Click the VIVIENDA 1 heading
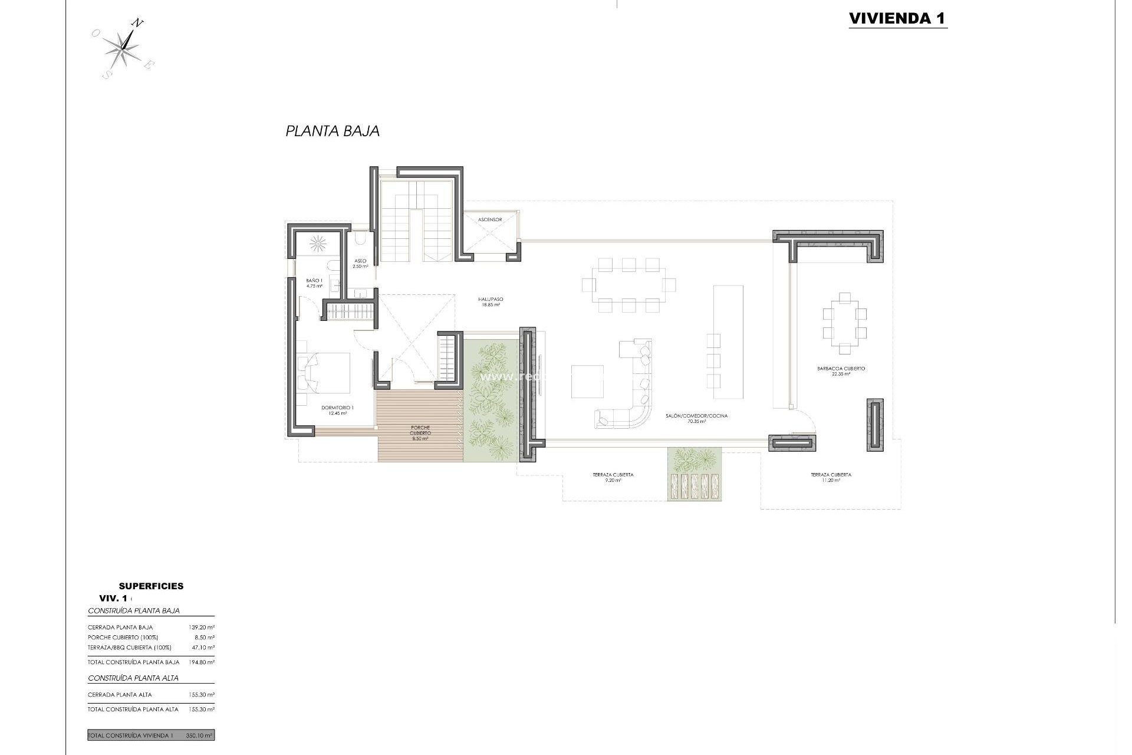[897, 18]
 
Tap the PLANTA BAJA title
[333, 131]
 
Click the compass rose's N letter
[137, 24]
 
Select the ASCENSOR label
[490, 219]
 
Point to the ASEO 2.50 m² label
[360, 264]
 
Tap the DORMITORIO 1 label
[337, 410]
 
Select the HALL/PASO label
[490, 302]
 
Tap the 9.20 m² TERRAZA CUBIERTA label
[613, 477]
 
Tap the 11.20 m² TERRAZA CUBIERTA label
[831, 477]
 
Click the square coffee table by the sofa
[587, 382]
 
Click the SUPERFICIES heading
[151, 586]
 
